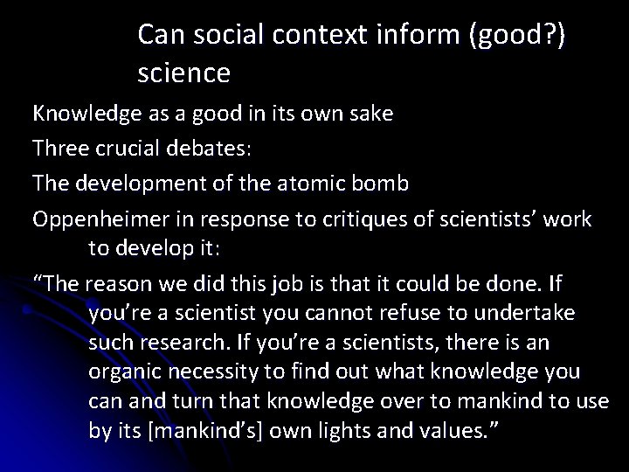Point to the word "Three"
(x=62, y=149)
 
